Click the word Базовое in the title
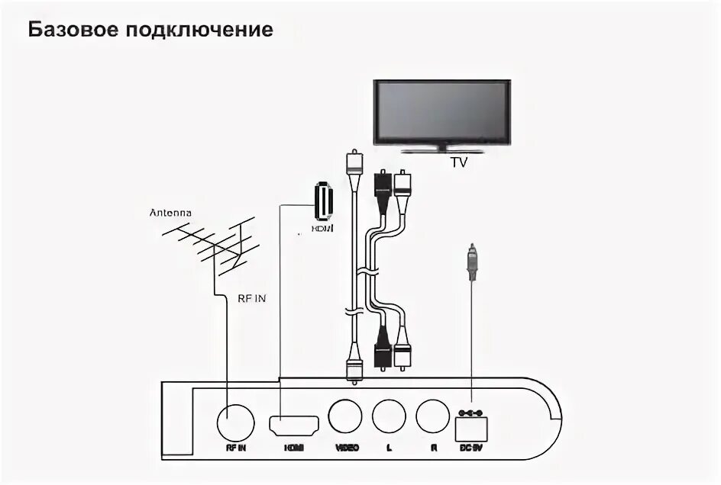pos(70,31)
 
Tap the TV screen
pos(441,111)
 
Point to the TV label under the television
pos(458,162)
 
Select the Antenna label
pos(171,213)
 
